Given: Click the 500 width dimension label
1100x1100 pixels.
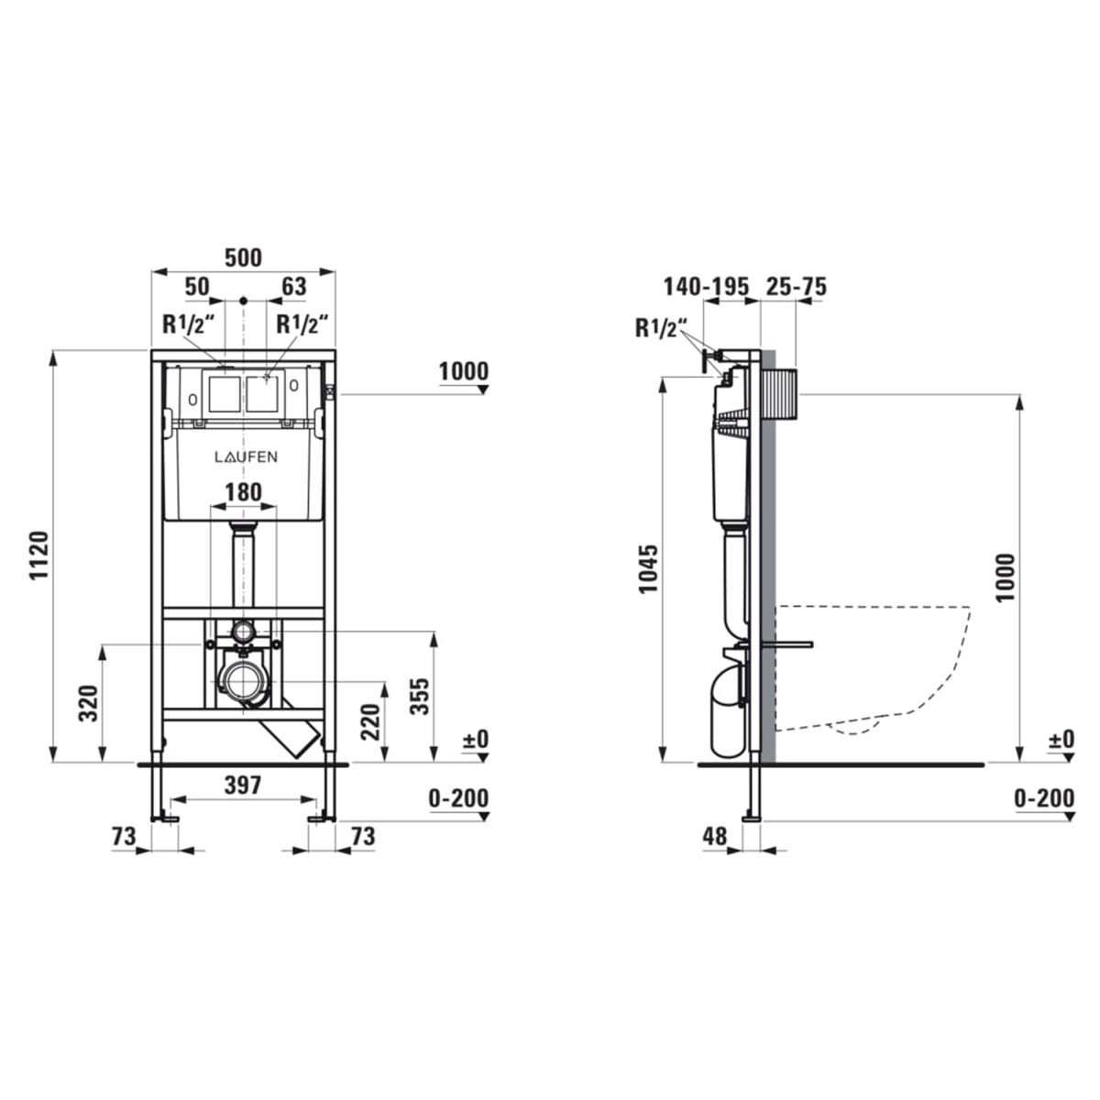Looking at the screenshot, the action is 243,258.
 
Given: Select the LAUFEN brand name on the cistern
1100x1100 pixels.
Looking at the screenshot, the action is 246,456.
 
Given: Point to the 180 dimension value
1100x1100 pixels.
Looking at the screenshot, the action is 243,492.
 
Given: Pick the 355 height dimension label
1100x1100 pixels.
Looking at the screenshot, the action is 420,696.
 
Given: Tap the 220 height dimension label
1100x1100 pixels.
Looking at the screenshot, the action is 370,722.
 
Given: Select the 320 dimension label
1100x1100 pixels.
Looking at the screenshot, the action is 89,703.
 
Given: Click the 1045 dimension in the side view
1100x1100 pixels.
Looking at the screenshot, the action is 648,569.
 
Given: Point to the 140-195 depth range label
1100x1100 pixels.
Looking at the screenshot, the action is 706,287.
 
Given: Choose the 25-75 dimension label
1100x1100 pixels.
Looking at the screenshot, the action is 796,287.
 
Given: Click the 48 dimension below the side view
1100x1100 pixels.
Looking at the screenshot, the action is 715,836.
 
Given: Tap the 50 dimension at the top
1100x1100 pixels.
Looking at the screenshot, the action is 197,287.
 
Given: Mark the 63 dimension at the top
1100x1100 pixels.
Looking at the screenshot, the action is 294,287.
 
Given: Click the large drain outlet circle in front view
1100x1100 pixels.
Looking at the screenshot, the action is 244,682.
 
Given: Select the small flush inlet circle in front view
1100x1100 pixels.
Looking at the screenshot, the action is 244,632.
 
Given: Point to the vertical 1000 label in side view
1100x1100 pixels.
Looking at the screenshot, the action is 1006,577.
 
